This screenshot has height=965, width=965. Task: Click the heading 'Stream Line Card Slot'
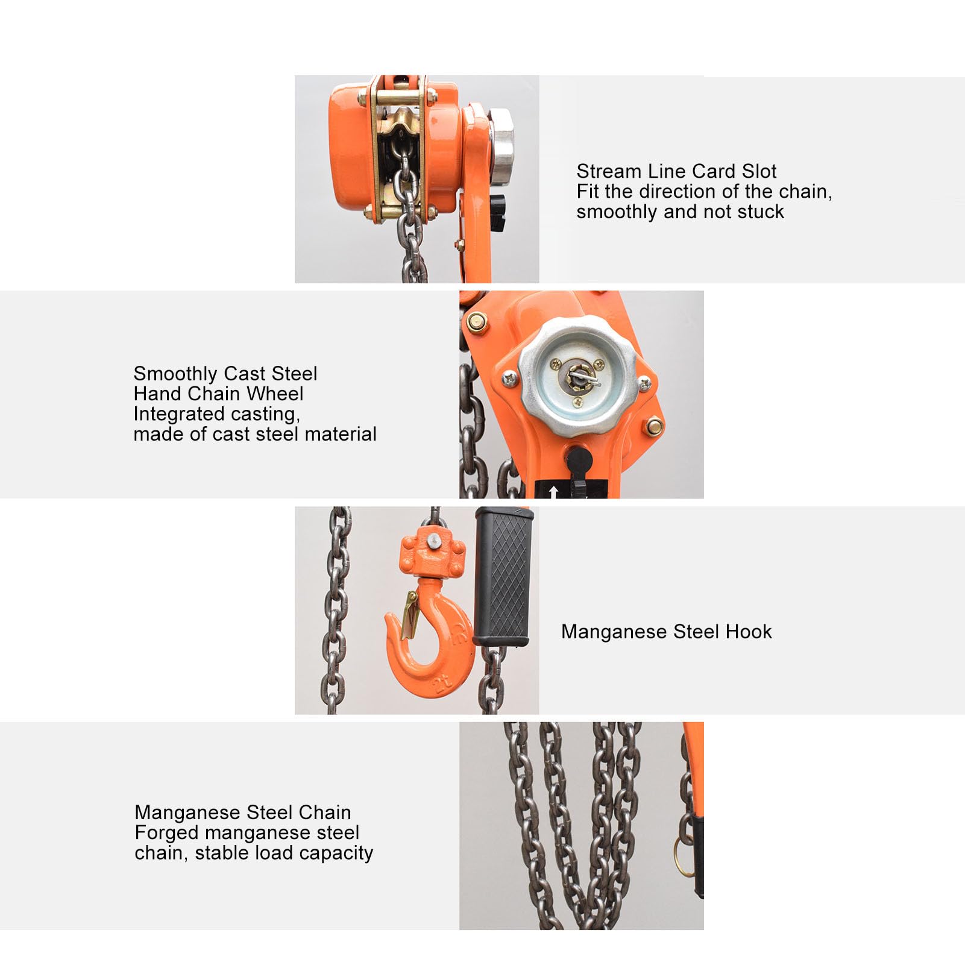coord(676,171)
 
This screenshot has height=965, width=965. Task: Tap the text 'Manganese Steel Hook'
coord(666,632)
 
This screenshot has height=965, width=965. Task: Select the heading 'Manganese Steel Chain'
coord(242,813)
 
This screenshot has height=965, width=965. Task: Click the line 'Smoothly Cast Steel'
coord(225,374)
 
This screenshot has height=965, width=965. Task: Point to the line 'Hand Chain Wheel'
coord(218,394)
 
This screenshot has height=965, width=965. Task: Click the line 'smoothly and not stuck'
coord(680,212)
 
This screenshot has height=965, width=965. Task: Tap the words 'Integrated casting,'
coord(216,413)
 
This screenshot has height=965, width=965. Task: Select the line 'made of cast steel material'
coord(255,434)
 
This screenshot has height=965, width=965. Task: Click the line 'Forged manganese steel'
coord(247,832)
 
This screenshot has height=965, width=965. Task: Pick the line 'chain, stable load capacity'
coord(254,853)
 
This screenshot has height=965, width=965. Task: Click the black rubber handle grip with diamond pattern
coord(503,579)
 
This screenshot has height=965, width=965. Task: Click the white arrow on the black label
coord(553,491)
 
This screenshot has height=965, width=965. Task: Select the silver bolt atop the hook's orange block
coord(432,542)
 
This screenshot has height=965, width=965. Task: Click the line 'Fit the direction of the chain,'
coord(704,192)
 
